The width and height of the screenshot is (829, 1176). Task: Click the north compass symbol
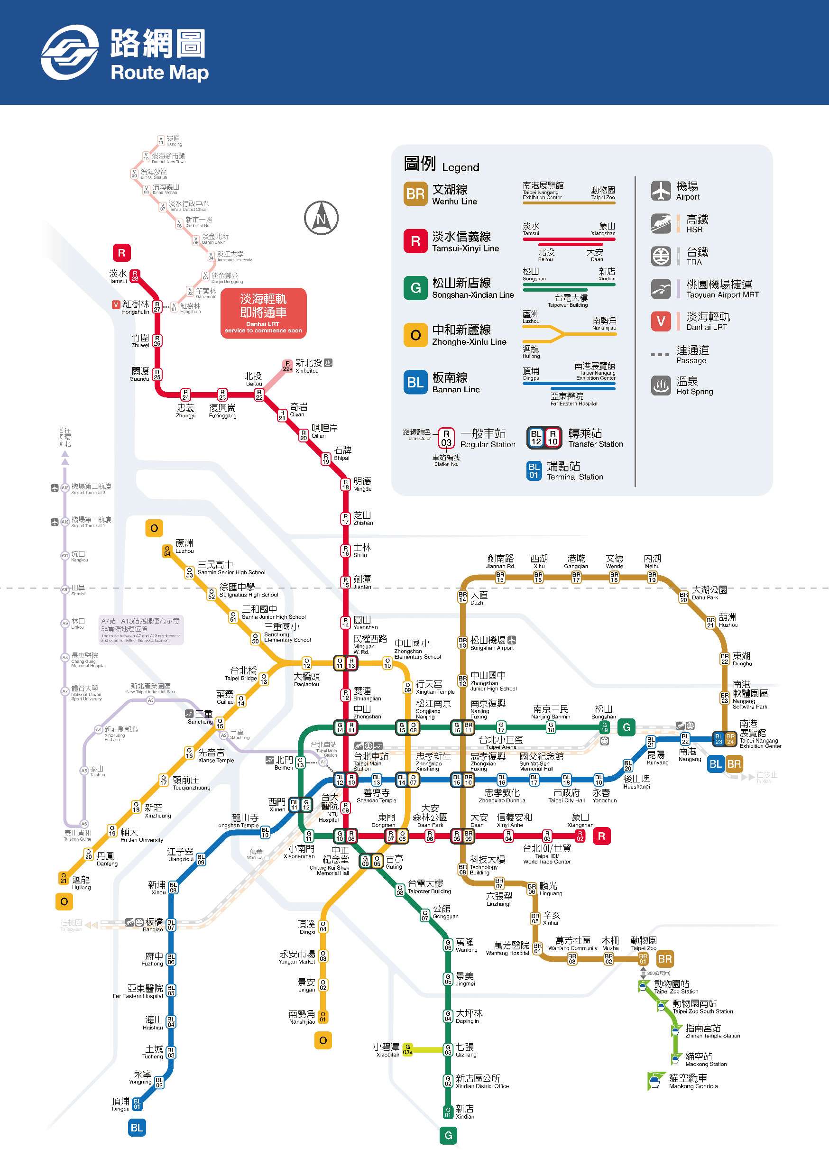coord(321,218)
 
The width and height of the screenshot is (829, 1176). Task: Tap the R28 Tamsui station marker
coord(135,276)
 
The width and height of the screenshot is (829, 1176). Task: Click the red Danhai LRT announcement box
coord(263,312)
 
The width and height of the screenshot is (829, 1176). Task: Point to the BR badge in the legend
coord(415,194)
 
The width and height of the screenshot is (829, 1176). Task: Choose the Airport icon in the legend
coord(661,191)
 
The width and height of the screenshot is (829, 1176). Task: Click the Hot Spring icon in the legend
coord(661,386)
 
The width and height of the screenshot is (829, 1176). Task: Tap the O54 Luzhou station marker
coord(167,551)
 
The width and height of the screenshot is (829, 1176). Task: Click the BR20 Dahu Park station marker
coord(683,597)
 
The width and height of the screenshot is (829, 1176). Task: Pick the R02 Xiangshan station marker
coord(580,836)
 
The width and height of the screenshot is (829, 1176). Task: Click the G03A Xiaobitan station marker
coord(407,1049)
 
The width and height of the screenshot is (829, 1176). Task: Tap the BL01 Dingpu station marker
coord(137,1104)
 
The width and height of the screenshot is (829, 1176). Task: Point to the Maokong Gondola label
coord(693,1081)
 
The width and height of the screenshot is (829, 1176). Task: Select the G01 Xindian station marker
coord(448,1112)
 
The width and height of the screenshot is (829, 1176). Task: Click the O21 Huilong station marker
coord(63,878)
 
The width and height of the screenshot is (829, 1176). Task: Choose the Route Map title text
coord(159,73)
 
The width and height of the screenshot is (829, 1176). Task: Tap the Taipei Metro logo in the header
coord(70,52)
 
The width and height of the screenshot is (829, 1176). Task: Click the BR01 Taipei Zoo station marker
coord(643,959)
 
